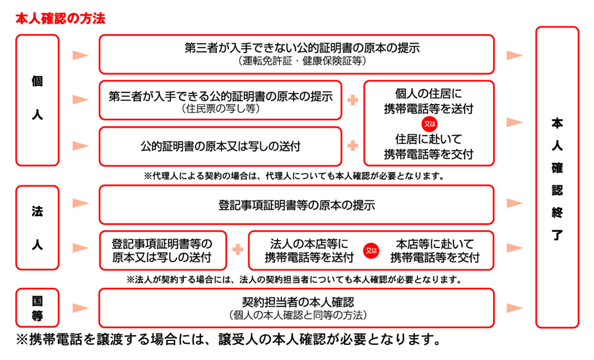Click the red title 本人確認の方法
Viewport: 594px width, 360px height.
60,18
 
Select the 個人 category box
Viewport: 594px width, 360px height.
37,100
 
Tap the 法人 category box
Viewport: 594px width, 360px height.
37,228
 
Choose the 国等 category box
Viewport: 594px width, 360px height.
37,308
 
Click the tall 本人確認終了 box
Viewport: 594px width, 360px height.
557,177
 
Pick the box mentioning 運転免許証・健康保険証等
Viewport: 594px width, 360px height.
296,54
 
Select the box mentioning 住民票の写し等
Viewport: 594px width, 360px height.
220,100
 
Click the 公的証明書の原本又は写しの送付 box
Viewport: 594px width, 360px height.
220,147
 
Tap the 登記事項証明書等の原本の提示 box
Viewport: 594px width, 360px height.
296,205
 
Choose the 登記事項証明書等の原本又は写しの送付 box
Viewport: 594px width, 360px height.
162,250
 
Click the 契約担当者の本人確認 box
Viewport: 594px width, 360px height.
296,308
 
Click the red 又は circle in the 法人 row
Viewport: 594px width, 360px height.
371,251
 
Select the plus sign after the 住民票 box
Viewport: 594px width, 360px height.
352,100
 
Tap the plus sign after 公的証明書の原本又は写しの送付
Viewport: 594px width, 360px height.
352,146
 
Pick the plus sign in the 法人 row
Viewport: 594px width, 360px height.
238,250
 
